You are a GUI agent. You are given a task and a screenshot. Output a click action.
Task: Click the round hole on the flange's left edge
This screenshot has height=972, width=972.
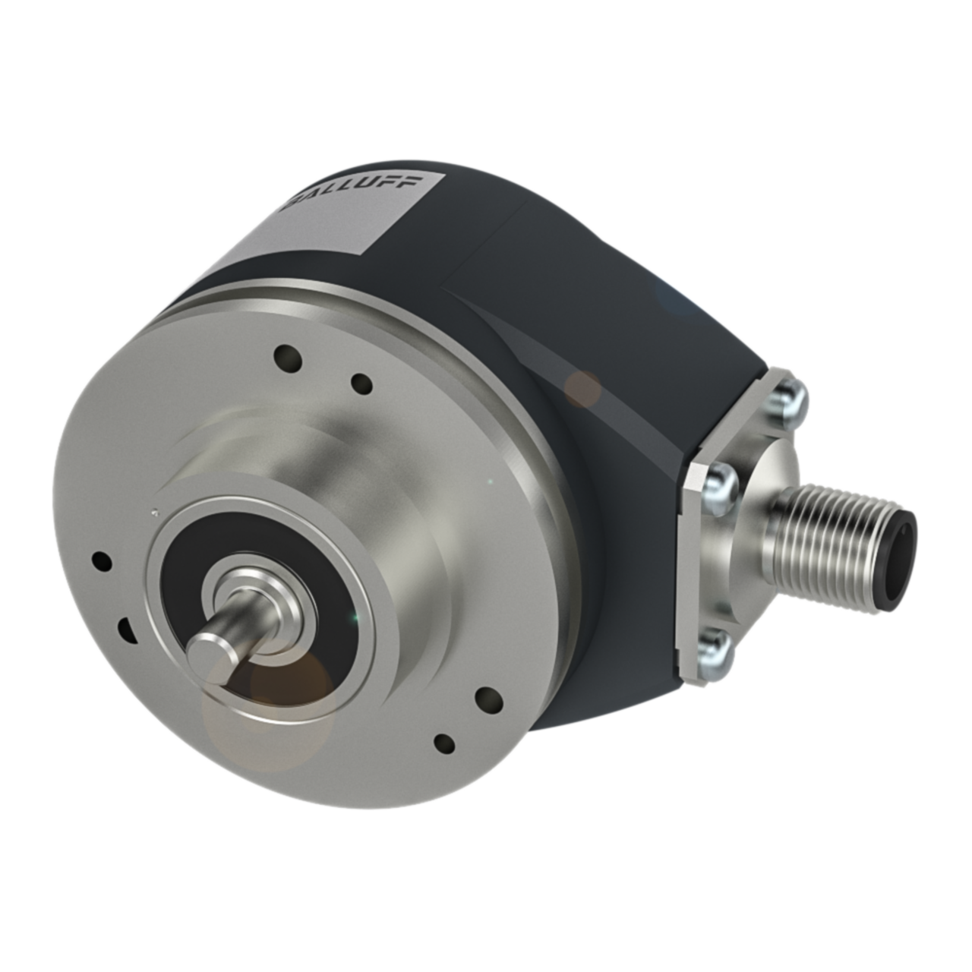pyautogui.click(x=100, y=561)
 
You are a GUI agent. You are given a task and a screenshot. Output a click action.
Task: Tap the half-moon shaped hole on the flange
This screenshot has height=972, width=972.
pyautogui.click(x=124, y=629)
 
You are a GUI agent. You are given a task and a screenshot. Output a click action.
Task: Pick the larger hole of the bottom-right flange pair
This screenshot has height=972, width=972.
pyautogui.click(x=488, y=697)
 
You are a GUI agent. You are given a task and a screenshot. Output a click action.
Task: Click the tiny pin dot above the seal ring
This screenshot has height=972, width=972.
pyautogui.click(x=154, y=511)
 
